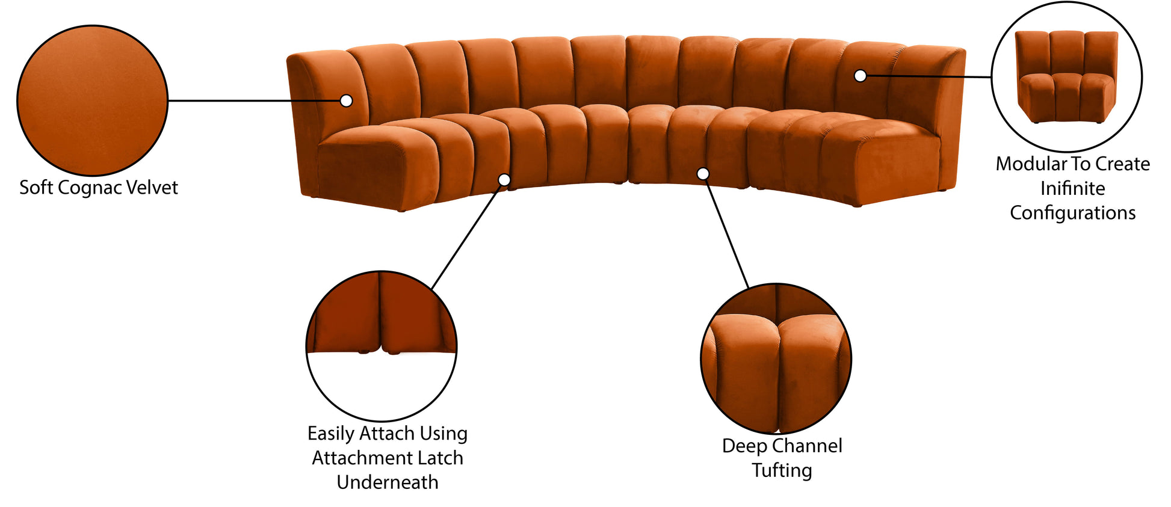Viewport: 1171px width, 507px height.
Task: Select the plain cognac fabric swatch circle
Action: click(x=92, y=100)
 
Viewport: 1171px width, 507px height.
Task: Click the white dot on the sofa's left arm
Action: click(x=346, y=100)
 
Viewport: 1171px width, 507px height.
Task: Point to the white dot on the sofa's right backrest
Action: click(x=860, y=76)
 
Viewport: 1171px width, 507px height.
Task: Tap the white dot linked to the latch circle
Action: click(x=504, y=180)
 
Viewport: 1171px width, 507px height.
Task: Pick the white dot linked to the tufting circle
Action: click(x=703, y=174)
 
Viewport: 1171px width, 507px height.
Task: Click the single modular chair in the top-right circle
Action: click(x=1066, y=76)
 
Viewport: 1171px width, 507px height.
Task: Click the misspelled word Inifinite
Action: click(x=1072, y=188)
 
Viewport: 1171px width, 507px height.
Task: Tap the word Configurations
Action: click(x=1072, y=213)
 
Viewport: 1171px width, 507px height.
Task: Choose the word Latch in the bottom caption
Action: click(x=440, y=458)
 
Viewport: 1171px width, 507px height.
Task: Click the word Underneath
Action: click(x=388, y=482)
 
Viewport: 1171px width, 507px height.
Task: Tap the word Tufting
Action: click(x=782, y=470)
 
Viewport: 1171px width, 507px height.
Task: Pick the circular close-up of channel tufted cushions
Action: click(x=776, y=358)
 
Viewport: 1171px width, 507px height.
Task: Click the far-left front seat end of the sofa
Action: click(x=361, y=168)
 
